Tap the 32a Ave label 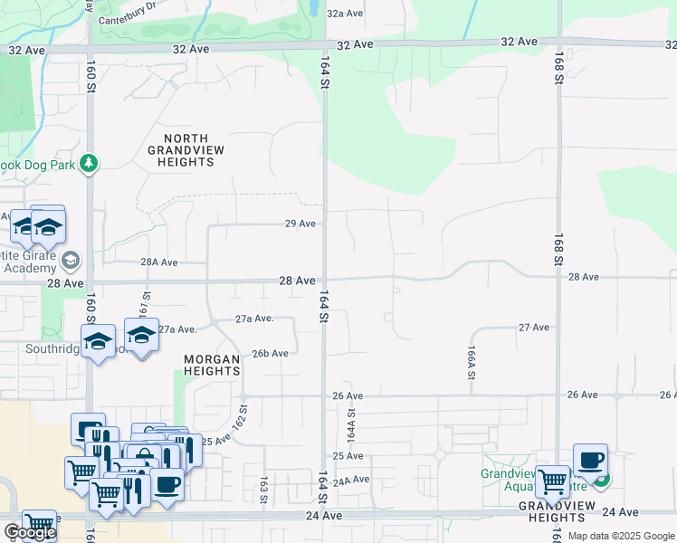345,14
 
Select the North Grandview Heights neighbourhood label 182,149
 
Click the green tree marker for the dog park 89,163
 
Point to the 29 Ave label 300,224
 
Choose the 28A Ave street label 158,262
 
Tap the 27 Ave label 533,327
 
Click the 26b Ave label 270,354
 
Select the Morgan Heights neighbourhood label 212,365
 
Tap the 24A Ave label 351,481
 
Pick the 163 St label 263,490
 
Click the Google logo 29,532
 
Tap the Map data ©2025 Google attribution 621,536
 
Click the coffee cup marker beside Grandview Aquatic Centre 590,460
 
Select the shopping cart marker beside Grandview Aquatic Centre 552,482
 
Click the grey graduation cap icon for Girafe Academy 70,262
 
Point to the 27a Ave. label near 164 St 254,319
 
